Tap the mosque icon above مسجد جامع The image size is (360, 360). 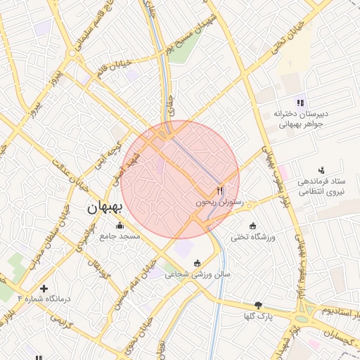[x=119, y=226]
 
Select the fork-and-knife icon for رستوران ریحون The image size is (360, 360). [x=221, y=191]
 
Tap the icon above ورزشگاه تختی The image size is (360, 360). [x=253, y=226]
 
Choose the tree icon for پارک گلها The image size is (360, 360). [x=258, y=305]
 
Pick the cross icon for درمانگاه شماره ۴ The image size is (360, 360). [x=44, y=288]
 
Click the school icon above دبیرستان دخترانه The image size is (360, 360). [x=301, y=103]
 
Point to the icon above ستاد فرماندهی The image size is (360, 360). [x=322, y=169]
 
